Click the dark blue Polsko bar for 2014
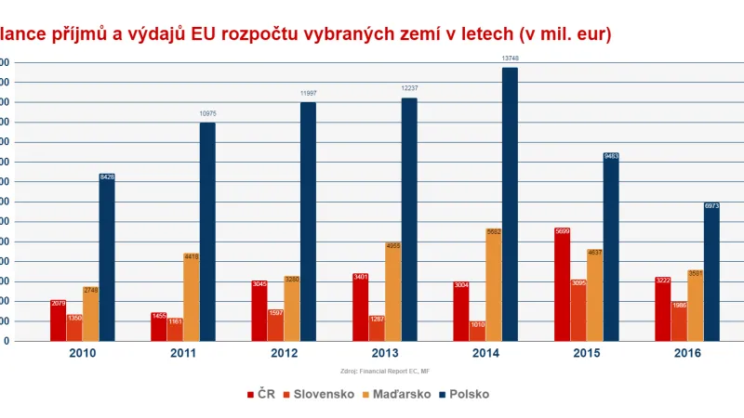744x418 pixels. pyautogui.click(x=510, y=204)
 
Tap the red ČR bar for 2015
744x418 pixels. pyautogui.click(x=562, y=284)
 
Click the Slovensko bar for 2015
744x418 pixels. pyautogui.click(x=578, y=311)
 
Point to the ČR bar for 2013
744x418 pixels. pyautogui.click(x=360, y=307)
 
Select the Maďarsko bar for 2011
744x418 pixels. pyautogui.click(x=191, y=296)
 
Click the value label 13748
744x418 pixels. pyautogui.click(x=510, y=59)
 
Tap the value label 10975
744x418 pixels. pyautogui.click(x=207, y=113)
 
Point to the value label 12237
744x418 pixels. pyautogui.click(x=409, y=88)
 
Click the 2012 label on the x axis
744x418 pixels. pyautogui.click(x=285, y=353)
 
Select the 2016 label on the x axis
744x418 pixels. pyautogui.click(x=688, y=353)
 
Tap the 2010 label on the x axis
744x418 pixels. pyautogui.click(x=83, y=353)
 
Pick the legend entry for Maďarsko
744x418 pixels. pyautogui.click(x=394, y=394)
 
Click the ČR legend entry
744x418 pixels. pyautogui.click(x=262, y=394)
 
